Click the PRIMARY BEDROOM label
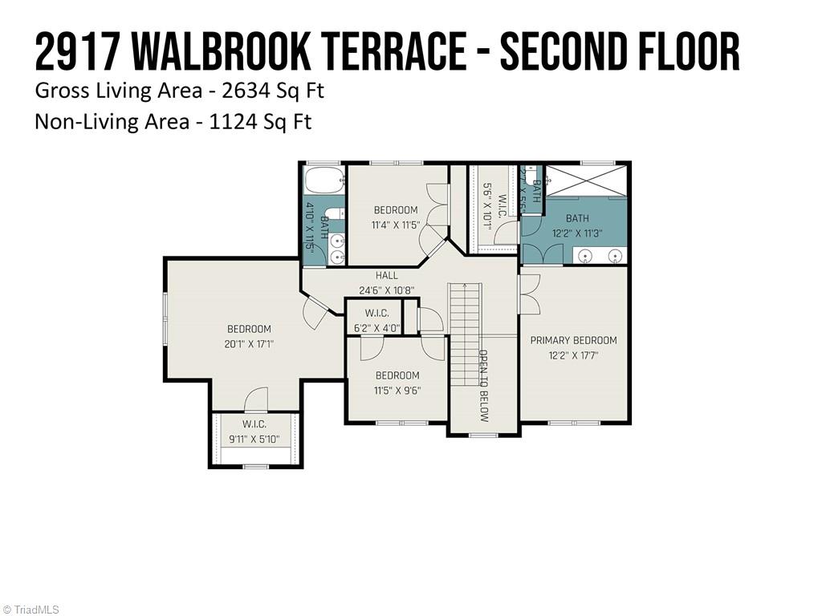point(573,340)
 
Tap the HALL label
point(386,275)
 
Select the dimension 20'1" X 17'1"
point(249,345)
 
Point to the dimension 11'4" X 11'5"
point(396,225)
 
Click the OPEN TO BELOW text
point(484,386)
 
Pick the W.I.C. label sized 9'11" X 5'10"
point(254,424)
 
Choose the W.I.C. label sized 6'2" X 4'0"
point(377,314)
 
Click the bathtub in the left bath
point(324,180)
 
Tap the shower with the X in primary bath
point(587,181)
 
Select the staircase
point(465,334)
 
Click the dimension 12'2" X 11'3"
point(577,233)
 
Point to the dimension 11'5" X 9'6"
point(397,391)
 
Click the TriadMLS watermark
point(30,610)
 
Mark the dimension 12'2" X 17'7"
point(573,355)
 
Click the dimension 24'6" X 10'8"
point(387,290)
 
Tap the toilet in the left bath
point(337,215)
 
